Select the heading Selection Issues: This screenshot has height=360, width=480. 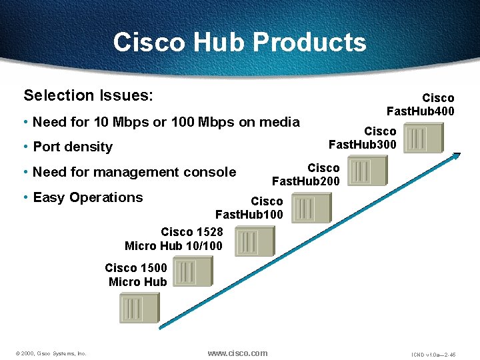point(88,95)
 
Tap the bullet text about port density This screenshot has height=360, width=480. point(73,147)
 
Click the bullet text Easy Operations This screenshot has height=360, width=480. point(87,197)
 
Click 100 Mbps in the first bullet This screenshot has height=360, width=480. point(203,122)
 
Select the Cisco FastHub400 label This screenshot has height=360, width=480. point(421,105)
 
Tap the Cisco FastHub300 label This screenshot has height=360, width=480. point(363,138)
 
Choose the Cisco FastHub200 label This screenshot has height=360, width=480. point(306,175)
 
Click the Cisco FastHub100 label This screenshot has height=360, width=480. point(249,208)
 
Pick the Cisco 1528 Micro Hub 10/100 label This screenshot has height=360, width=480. point(174,239)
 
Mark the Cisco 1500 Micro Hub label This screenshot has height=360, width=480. point(136,275)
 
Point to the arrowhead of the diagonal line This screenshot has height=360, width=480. point(458,155)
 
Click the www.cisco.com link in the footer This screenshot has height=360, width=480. point(237,353)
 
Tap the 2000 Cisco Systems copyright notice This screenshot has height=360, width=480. point(51,353)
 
